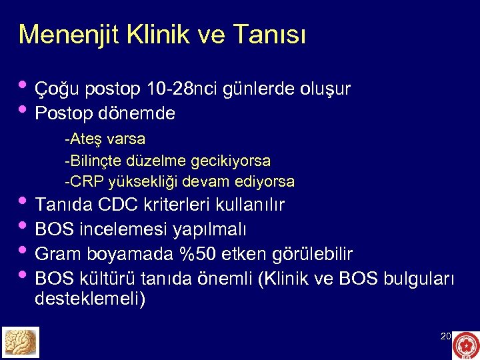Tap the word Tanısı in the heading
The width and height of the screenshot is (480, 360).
coord(271,34)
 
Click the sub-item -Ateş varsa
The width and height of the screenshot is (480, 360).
coord(105,140)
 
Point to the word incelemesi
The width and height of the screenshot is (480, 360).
coord(123,230)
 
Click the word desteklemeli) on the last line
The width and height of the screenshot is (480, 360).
coord(89,299)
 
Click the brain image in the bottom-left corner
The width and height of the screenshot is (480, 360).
coord(21,342)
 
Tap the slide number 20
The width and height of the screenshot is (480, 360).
coord(445,337)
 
